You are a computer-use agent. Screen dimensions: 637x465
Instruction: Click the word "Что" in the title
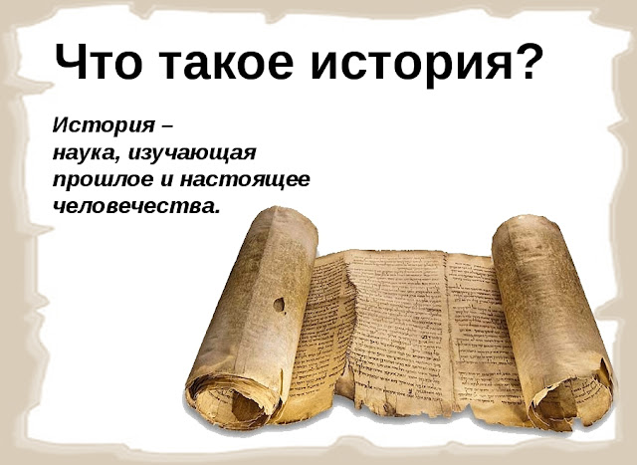point(99,62)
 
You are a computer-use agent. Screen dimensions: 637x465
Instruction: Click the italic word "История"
point(104,125)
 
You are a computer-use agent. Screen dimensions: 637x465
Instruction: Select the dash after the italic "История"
point(167,126)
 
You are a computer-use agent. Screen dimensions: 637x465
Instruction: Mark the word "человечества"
point(131,206)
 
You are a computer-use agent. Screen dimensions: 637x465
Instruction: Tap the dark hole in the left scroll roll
point(279,305)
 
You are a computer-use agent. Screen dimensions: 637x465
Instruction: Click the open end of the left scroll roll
point(232,401)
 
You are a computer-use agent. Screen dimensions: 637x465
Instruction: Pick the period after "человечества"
point(216,211)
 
